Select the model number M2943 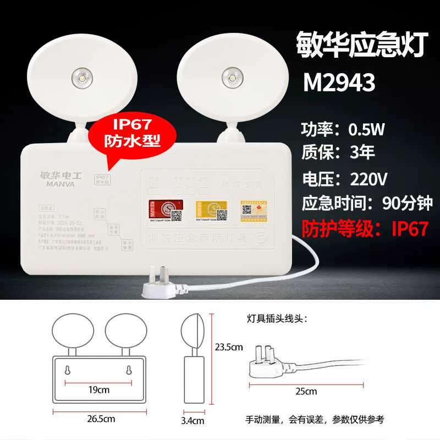coord(339,83)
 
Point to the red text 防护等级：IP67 coord(364,228)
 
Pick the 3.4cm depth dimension coord(194,421)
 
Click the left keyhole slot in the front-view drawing coord(67,370)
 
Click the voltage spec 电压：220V coord(345,179)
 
